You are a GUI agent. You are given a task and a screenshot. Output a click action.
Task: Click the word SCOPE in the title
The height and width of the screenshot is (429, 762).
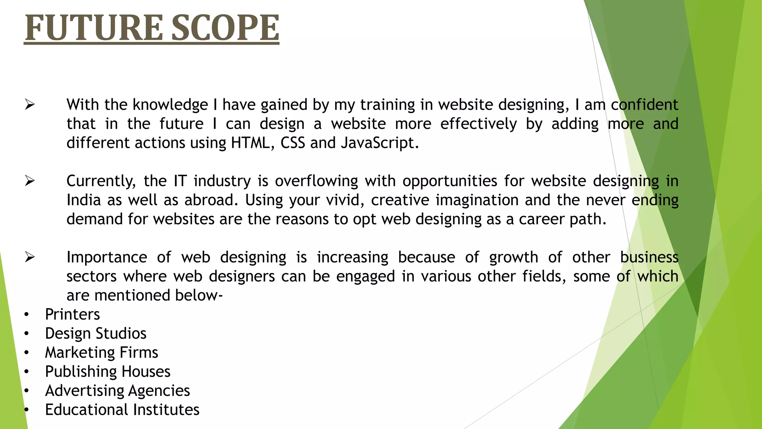coord(225,28)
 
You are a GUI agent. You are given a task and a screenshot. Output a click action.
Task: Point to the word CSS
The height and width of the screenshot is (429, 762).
coord(293,143)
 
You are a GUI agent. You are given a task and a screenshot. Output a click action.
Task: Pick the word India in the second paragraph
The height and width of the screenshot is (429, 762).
coord(84,200)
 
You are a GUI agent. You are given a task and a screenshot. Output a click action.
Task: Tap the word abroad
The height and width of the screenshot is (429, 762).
coord(211,200)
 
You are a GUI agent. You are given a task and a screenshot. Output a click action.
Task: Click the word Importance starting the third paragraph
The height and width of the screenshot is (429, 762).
coord(107,257)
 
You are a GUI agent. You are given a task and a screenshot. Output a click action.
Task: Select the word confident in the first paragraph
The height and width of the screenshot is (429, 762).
coord(644,105)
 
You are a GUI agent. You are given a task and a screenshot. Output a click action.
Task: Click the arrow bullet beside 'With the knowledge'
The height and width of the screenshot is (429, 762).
coord(30,105)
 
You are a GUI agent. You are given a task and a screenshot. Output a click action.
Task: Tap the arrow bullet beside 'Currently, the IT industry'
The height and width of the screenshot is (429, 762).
coord(30,181)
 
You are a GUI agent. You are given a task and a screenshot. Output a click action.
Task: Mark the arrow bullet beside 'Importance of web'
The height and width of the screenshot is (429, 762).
coord(30,257)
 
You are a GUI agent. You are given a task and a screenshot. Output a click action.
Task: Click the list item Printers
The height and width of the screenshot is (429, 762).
coord(73,315)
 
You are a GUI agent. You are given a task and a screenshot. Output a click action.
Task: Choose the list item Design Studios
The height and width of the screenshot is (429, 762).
coord(96,334)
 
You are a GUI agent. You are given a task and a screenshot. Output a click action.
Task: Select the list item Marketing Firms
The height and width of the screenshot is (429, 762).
coord(102,353)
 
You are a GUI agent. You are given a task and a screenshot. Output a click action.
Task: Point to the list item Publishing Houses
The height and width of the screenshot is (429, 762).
coord(108,372)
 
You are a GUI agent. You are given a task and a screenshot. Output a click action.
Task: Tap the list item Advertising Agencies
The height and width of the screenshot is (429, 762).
coord(118,391)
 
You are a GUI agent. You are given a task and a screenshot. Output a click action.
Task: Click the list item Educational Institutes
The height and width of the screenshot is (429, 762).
coord(122,410)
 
